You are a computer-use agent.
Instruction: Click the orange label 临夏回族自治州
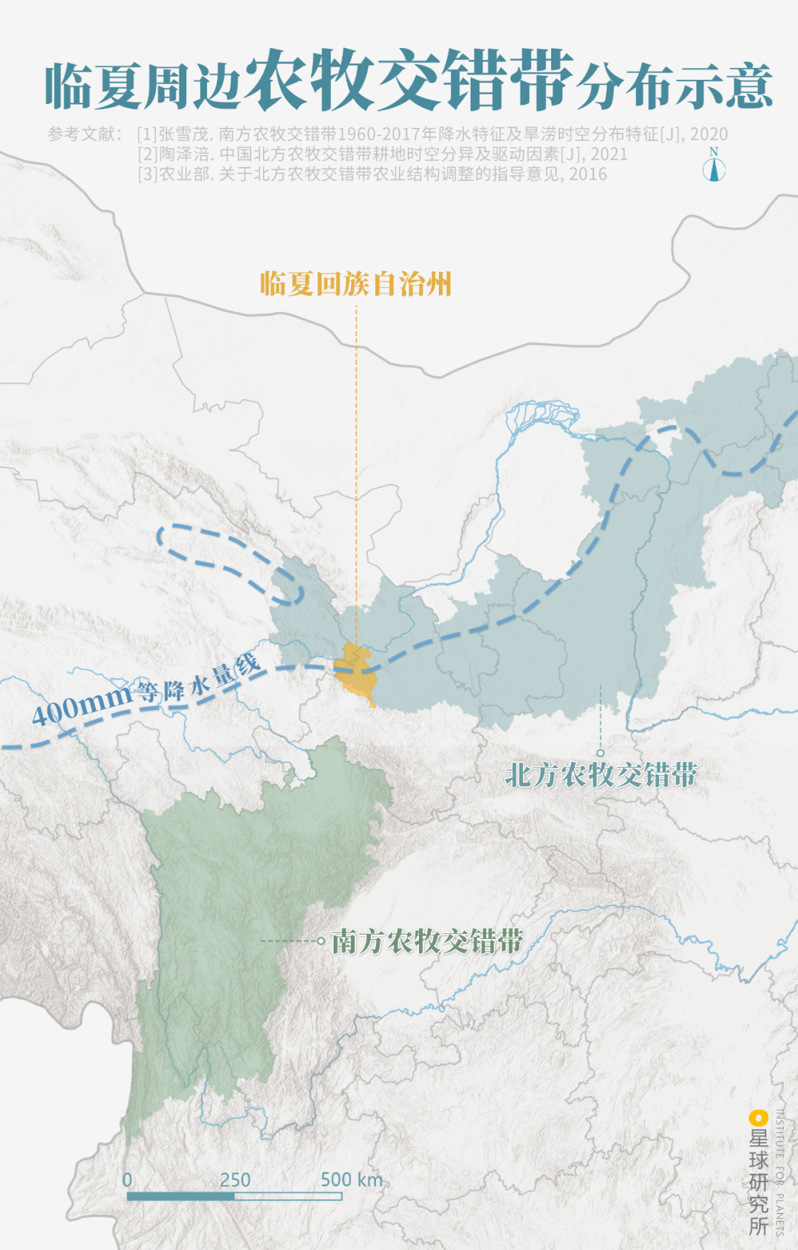(355, 284)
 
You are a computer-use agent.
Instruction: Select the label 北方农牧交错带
(601, 775)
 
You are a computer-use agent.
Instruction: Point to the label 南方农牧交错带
(427, 941)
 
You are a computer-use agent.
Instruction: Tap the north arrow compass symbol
(714, 165)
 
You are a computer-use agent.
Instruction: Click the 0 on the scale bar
(127, 1180)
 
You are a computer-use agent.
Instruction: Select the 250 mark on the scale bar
(235, 1180)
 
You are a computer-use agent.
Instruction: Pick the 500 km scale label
(352, 1180)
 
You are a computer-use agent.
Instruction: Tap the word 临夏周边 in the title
(143, 87)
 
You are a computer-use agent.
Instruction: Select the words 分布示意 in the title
(675, 87)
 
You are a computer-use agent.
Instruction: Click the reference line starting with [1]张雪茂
(432, 134)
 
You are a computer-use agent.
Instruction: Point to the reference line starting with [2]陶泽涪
(382, 154)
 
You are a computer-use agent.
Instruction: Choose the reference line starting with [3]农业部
(372, 174)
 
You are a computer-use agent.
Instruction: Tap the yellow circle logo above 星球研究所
(757, 1118)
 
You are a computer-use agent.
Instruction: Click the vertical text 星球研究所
(759, 1182)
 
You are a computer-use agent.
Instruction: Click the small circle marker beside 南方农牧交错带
(321, 941)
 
